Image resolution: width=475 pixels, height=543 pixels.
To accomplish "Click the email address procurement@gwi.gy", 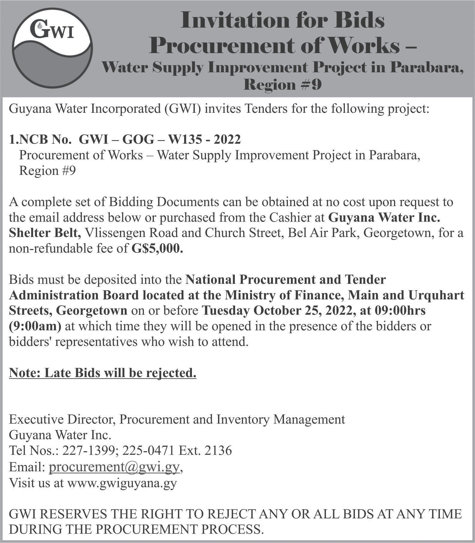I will pyautogui.click(x=114, y=467).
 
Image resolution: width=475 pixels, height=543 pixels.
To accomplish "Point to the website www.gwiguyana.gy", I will pyautogui.click(x=122, y=483).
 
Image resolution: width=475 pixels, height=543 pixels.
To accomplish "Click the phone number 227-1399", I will pyautogui.click(x=89, y=451).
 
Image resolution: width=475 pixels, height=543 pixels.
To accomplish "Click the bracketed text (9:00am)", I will pyautogui.click(x=35, y=326).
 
